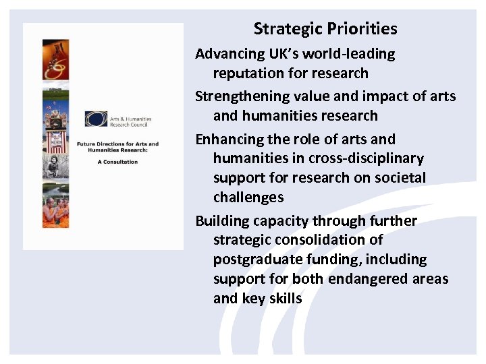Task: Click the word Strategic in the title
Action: click(288, 29)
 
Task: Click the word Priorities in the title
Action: click(362, 29)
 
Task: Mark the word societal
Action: click(401, 178)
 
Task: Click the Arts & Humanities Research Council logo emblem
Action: click(96, 119)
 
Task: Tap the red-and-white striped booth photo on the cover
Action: click(55, 131)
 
